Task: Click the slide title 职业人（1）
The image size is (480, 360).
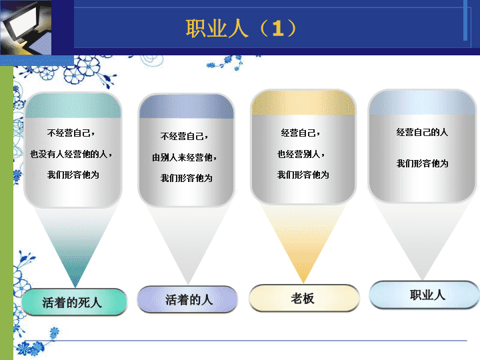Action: point(241,29)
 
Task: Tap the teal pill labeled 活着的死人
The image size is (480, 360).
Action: point(75,302)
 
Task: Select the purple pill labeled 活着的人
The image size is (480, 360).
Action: point(187,299)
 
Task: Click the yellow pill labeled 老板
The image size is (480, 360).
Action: point(304,298)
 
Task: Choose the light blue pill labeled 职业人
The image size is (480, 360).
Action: point(425,295)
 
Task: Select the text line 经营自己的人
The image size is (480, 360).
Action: point(422,132)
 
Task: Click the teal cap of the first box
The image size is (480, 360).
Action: point(73,105)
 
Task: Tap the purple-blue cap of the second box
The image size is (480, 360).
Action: point(187,107)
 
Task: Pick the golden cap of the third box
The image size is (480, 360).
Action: point(303,103)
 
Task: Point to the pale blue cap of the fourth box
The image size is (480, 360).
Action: point(423,103)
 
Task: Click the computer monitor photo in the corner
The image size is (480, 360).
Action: point(26,27)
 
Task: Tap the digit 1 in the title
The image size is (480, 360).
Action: point(278,29)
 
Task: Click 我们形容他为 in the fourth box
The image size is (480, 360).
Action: point(423,163)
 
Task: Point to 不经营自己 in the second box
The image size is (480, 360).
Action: point(182,136)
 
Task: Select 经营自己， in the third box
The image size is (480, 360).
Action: point(300,133)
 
